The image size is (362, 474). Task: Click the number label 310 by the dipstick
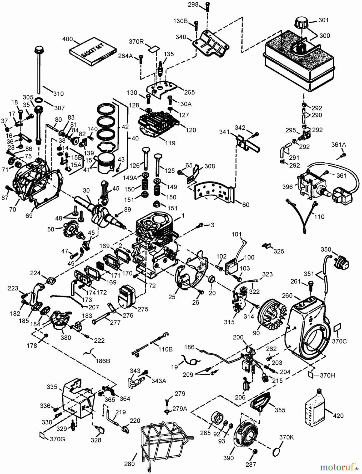[58, 93]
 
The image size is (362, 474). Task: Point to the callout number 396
[287, 187]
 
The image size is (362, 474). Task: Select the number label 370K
[286, 437]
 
